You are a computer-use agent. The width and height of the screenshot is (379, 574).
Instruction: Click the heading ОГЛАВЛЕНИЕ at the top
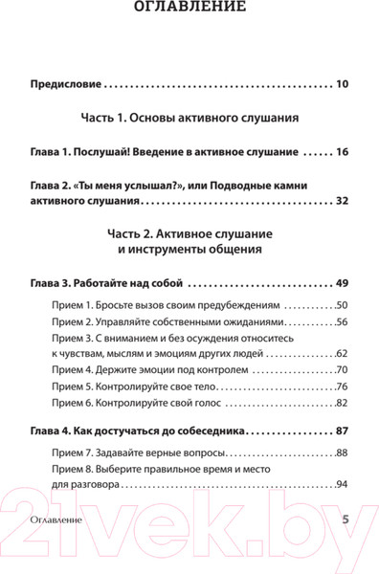[x=189, y=9]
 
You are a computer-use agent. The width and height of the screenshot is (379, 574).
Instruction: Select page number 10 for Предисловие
[x=342, y=84]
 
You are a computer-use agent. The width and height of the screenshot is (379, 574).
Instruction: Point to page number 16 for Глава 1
[x=342, y=152]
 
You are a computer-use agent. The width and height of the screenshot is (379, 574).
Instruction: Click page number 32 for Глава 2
[x=342, y=201]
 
